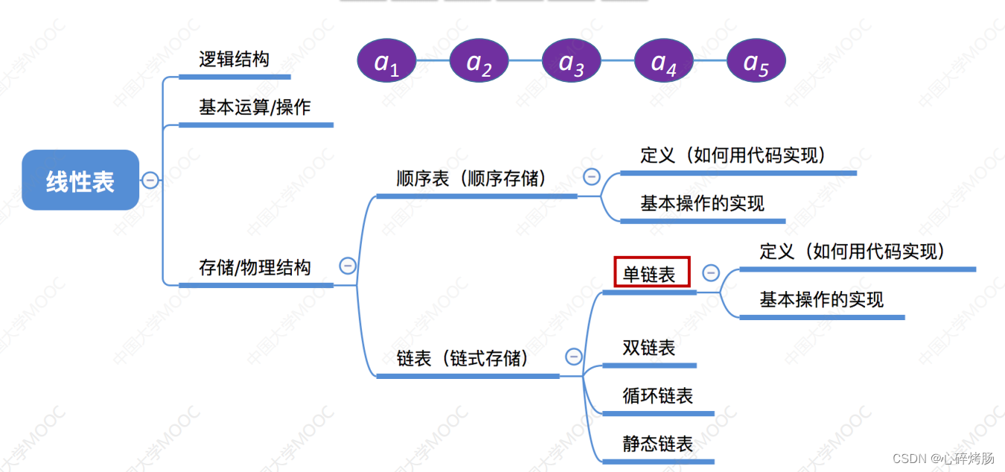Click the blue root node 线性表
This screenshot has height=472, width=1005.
[80, 180]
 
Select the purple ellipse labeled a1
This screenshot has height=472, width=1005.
[387, 61]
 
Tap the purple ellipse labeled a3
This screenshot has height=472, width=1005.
[572, 61]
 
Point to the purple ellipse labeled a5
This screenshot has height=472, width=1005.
[756, 61]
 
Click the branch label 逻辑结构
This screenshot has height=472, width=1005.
[234, 60]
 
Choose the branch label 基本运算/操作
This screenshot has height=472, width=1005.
[255, 107]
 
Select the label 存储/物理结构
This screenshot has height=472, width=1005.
[255, 268]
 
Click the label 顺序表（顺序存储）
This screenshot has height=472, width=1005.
[472, 179]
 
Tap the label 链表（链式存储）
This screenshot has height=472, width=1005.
[463, 359]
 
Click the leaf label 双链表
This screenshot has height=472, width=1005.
[649, 348]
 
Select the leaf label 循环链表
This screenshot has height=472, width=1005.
[658, 395]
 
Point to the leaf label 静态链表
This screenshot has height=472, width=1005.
[658, 444]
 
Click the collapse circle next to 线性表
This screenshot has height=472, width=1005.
[150, 180]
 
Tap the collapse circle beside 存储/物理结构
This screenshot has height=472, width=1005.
[348, 266]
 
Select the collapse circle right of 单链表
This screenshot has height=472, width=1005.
[711, 273]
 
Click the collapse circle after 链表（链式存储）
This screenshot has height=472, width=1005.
[573, 357]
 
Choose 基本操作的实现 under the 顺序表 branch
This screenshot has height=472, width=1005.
[702, 203]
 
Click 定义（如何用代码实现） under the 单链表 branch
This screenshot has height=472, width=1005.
[852, 252]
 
